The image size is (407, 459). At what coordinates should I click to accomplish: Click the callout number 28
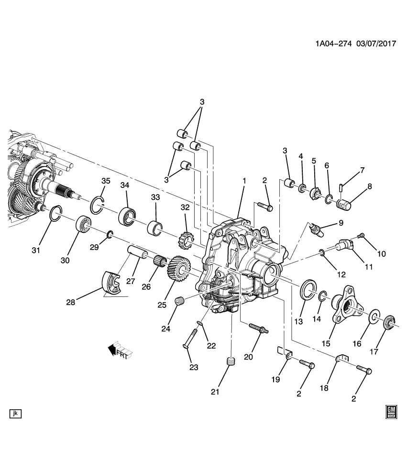point(71,302)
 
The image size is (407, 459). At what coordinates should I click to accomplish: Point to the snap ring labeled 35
point(98,204)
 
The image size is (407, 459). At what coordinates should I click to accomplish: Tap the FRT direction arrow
point(120,351)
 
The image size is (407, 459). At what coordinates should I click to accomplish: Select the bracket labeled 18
point(341,359)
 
